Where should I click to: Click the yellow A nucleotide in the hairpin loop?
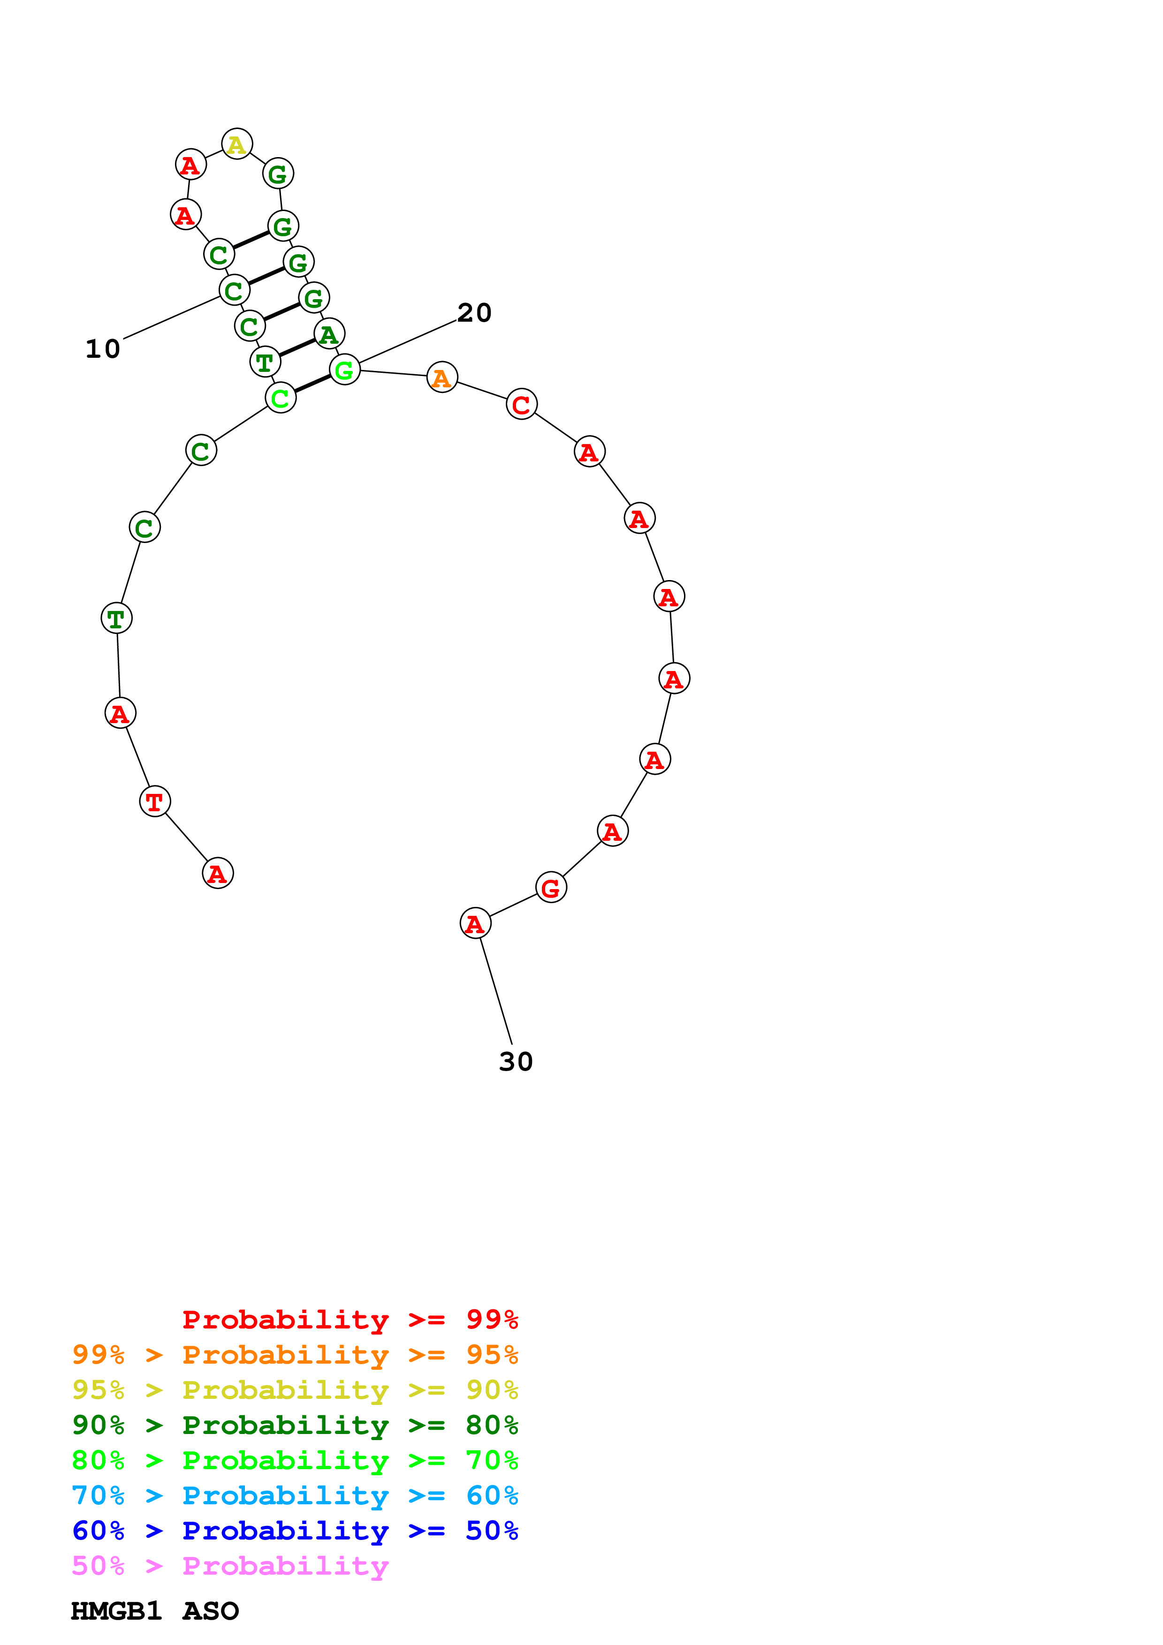click(x=236, y=144)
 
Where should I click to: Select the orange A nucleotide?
click(x=441, y=377)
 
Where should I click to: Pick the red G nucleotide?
click(x=550, y=888)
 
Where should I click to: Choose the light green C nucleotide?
click(x=280, y=398)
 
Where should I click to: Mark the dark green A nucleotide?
click(x=329, y=334)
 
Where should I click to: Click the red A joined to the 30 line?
click(x=475, y=923)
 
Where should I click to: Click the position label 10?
click(x=102, y=349)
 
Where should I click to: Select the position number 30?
click(x=516, y=1061)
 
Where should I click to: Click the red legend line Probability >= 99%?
click(x=350, y=1319)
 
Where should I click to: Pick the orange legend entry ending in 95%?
click(x=295, y=1354)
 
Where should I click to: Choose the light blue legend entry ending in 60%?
click(x=295, y=1494)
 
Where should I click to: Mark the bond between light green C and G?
click(x=312, y=383)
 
